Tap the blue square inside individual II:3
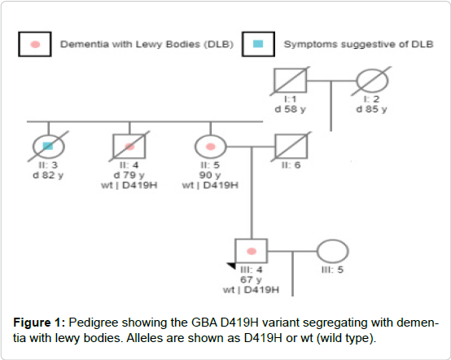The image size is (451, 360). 48,146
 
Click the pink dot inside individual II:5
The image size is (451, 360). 211,147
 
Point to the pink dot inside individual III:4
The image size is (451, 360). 252,251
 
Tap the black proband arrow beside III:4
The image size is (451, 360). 231,266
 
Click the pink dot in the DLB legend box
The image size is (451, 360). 35,44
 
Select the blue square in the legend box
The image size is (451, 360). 258,44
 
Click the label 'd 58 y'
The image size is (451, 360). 290,109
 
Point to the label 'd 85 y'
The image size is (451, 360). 371,109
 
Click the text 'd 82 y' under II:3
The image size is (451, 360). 48,175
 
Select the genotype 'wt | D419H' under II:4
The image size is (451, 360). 129,185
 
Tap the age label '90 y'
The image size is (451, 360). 210,175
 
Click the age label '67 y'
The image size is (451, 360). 251,279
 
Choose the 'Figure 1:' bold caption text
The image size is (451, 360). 39,323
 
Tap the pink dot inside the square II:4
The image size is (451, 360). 129,147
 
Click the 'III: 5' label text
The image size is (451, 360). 332,270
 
